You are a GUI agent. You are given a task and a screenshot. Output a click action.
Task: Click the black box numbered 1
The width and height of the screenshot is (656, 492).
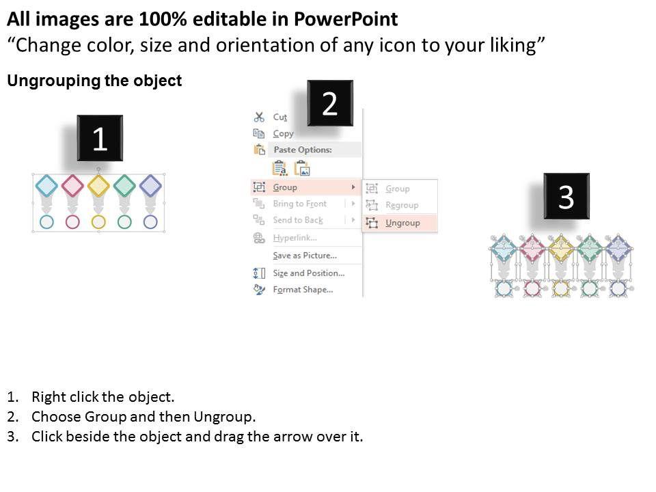[100, 138]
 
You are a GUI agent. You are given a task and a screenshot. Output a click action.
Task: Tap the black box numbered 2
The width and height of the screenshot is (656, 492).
[330, 103]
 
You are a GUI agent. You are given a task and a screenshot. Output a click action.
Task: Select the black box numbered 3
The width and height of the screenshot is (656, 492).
[566, 196]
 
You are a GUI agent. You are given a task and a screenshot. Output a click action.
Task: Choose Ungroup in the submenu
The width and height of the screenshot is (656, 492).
[402, 223]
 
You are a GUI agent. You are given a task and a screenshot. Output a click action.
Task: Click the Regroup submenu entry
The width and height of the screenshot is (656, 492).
[402, 205]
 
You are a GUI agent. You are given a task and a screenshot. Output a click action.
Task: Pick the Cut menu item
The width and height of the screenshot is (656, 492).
[280, 117]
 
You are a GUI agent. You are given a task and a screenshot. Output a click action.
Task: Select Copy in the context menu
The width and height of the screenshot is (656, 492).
[283, 134]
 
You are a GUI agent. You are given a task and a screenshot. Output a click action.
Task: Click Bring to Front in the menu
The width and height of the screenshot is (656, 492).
[299, 204]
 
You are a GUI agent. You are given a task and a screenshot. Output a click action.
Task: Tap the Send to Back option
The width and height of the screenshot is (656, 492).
[298, 220]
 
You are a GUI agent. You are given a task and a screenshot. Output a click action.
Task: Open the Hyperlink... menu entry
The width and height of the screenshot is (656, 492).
[295, 238]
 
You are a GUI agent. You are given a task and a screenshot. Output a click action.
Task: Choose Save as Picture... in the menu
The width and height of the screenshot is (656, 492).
[305, 255]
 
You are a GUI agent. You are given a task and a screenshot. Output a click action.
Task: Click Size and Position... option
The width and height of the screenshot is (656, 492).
[309, 273]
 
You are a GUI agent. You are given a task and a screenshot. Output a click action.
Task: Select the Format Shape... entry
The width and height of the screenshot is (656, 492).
[303, 290]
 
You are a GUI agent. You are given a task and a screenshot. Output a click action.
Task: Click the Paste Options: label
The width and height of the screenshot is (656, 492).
[303, 150]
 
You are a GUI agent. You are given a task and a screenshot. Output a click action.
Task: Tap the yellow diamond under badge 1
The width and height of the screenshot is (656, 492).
[98, 186]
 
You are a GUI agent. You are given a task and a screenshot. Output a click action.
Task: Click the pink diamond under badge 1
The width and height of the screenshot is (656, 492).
[73, 186]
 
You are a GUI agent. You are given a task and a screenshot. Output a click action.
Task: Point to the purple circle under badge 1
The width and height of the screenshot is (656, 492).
[150, 221]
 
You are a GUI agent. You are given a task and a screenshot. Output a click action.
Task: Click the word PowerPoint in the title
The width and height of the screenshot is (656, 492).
[346, 19]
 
